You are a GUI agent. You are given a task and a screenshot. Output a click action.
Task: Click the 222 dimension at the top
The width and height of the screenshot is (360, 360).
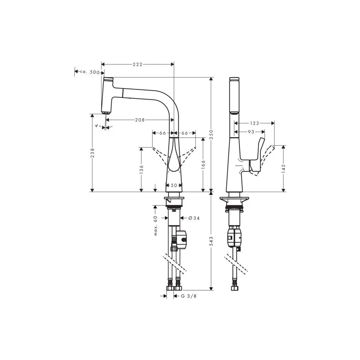pyautogui.click(x=137, y=64)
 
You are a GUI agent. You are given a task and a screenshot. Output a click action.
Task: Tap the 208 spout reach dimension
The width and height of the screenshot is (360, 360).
pyautogui.click(x=140, y=120)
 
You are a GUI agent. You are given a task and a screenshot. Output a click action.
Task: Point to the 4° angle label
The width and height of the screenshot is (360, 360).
pyautogui.click(x=98, y=126)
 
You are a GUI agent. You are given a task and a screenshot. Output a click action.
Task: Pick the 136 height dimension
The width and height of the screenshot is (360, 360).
pyautogui.click(x=141, y=169)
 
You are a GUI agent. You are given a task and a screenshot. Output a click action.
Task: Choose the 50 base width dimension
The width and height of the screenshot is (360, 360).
pyautogui.click(x=174, y=185)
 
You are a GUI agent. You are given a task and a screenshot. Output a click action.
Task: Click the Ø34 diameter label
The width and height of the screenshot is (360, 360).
pyautogui.click(x=194, y=218)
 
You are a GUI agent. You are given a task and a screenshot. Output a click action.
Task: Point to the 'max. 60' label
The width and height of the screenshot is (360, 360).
pyautogui.click(x=155, y=225)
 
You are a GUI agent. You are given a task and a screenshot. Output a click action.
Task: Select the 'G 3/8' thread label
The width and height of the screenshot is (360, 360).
pyautogui.click(x=189, y=296)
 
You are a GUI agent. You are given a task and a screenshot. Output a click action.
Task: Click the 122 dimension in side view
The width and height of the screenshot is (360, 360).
pyautogui.click(x=254, y=123)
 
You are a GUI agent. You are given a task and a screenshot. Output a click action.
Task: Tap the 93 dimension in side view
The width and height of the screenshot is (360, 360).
pyautogui.click(x=251, y=132)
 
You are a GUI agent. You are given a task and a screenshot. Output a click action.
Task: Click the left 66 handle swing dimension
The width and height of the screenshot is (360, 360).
pyautogui.click(x=162, y=133)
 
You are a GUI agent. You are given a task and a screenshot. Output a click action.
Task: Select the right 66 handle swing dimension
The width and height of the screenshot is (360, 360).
pyautogui.click(x=185, y=133)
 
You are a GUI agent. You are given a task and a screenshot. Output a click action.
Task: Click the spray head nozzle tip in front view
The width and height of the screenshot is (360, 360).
pyautogui.click(x=105, y=112)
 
